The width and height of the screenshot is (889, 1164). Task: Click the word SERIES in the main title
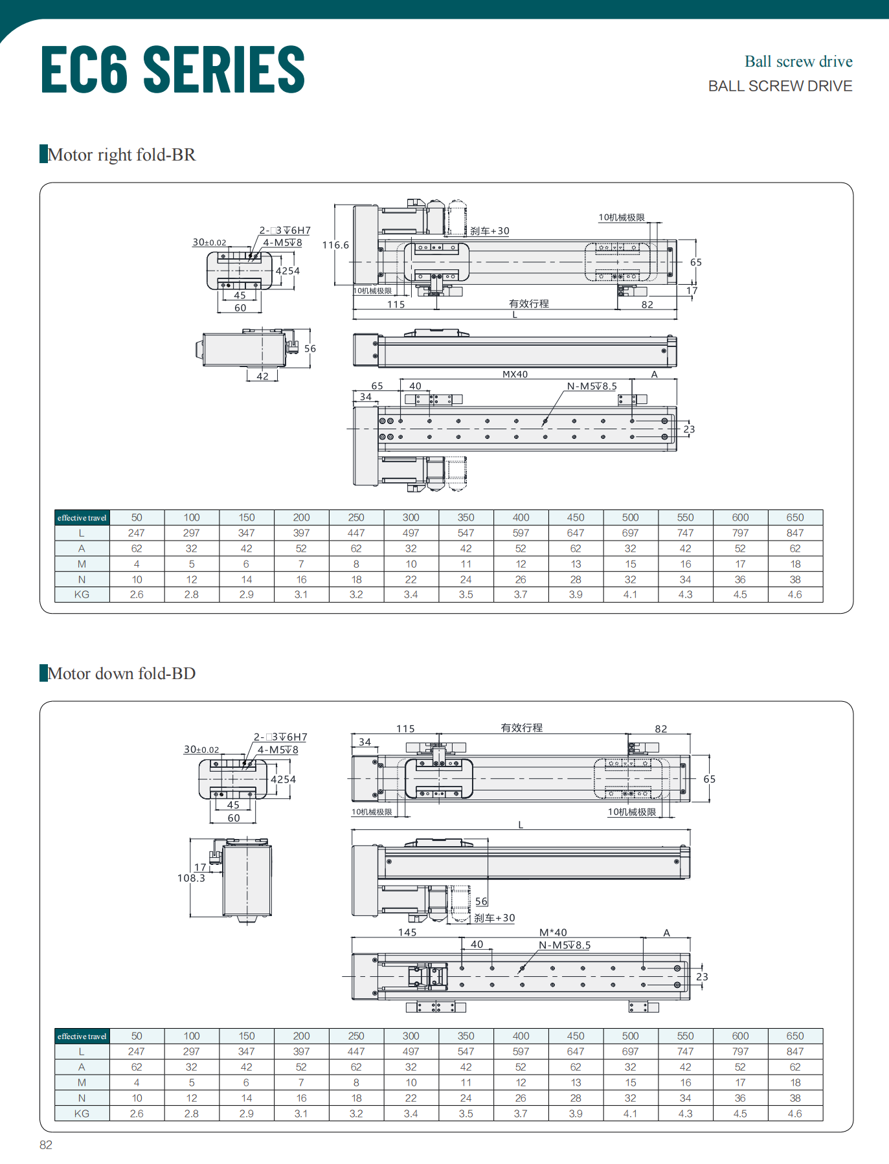[x=223, y=69]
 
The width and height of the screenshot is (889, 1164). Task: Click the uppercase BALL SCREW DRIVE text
[x=780, y=86]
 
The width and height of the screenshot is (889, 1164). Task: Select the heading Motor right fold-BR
[x=121, y=155]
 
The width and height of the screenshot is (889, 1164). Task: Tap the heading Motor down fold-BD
[x=121, y=673]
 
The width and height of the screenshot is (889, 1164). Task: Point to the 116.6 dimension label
[x=335, y=245]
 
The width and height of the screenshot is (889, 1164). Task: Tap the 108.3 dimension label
[x=191, y=879]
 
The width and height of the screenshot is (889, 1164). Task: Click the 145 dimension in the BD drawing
[x=407, y=932]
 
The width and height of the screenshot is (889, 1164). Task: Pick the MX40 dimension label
[x=515, y=374]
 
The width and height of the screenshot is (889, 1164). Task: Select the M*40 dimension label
[x=553, y=932]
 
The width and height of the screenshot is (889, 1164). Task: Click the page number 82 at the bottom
[x=46, y=1145]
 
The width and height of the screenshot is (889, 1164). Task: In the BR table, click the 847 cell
[x=795, y=533]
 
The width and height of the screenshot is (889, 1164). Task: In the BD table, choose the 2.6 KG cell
[x=137, y=1114]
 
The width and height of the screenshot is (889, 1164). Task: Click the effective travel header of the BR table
[x=82, y=517]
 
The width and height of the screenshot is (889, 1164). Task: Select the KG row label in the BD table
[x=82, y=1114]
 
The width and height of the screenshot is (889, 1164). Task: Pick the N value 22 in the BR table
[x=411, y=579]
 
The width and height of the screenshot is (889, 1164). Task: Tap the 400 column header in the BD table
[x=521, y=1036]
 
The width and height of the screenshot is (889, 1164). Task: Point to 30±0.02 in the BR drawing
[x=209, y=243]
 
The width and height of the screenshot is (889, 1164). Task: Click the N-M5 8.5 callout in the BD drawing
[x=565, y=945]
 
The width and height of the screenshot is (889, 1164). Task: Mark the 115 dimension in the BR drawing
[x=396, y=304]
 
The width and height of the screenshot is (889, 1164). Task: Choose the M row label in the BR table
[x=82, y=564]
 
